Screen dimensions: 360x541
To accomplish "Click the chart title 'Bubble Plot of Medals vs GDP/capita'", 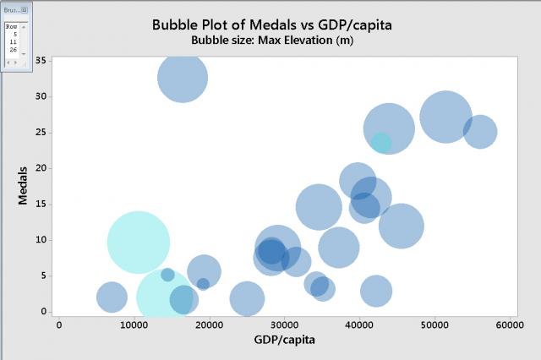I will coord(271,25).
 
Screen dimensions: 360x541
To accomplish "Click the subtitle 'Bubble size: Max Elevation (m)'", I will coord(271,40).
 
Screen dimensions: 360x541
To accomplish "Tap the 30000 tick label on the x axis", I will coord(284,324).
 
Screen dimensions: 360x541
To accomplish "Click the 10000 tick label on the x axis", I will coord(134,324).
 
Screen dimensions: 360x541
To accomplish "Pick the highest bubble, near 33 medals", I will coord(183,78).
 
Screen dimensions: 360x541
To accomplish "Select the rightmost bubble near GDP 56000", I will coord(480,131).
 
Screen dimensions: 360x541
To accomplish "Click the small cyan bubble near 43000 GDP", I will coord(381,143).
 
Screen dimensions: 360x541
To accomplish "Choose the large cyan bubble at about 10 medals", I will coord(139,243).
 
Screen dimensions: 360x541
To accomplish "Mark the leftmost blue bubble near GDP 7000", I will coord(112,297).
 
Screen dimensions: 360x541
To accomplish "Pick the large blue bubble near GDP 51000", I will coord(445,117).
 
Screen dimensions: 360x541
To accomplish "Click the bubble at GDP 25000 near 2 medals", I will coord(247,298).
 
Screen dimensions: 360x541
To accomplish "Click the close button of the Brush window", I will coord(25,9).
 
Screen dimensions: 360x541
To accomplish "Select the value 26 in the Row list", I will coord(14,50).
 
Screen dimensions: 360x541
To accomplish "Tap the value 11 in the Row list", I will coord(14,41).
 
